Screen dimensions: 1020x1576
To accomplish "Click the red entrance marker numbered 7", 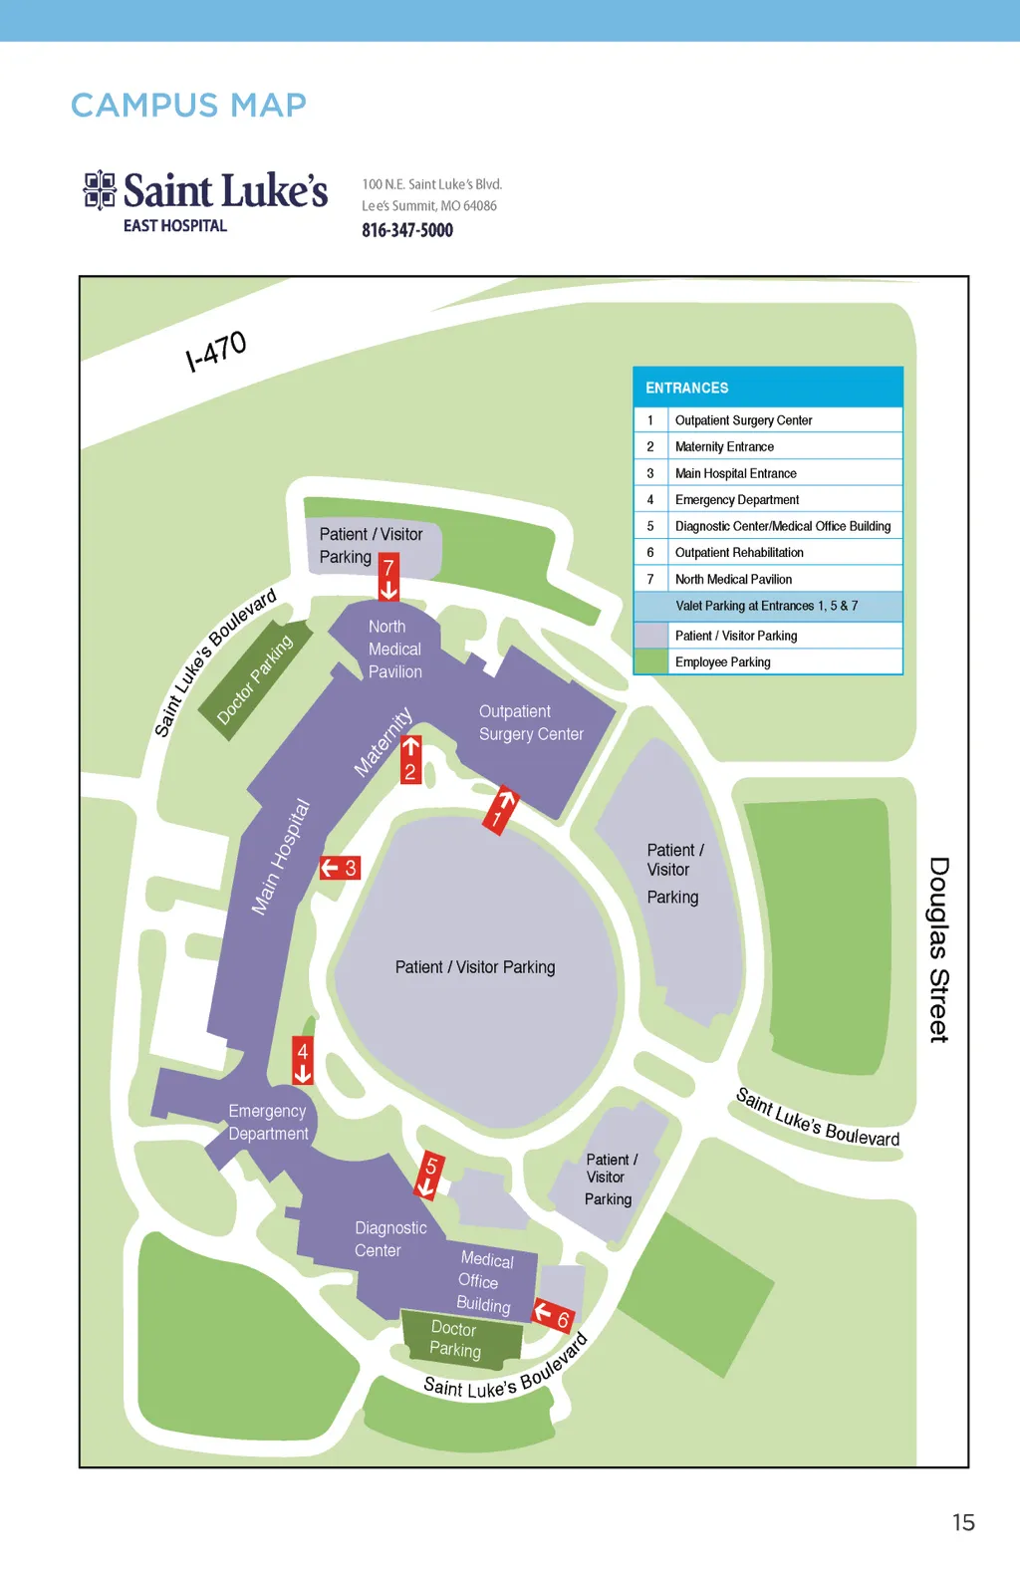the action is click(x=388, y=576).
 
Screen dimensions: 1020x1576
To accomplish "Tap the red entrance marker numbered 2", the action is click(x=410, y=760).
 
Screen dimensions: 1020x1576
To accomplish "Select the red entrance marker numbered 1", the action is click(x=501, y=811).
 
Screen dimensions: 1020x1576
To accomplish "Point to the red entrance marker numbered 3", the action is click(x=341, y=868).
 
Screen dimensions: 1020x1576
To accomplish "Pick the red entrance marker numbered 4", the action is click(x=303, y=1060).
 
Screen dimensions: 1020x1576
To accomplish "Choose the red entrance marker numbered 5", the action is click(x=430, y=1177).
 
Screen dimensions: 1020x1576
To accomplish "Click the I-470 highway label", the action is click(x=216, y=351).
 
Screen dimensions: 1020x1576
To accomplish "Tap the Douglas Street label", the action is click(x=939, y=949).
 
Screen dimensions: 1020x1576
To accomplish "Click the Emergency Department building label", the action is click(x=268, y=1122).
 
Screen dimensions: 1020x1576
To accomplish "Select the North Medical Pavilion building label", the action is click(x=394, y=649).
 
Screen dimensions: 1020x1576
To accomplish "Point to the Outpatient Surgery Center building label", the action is click(x=531, y=722).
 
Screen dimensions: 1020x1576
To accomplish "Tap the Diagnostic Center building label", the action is click(x=390, y=1239).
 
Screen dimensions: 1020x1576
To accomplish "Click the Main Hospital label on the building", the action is click(x=281, y=857).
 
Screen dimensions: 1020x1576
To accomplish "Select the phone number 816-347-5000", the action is click(x=407, y=230).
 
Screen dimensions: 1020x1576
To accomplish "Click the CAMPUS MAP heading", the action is click(x=188, y=106).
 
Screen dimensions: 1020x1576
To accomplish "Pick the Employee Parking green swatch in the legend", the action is click(x=650, y=662).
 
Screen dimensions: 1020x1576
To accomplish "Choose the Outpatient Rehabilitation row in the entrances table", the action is click(x=768, y=552).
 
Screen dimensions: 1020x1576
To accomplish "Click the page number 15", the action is click(x=964, y=1522).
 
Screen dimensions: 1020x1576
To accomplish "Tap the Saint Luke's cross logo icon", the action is click(x=100, y=190).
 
